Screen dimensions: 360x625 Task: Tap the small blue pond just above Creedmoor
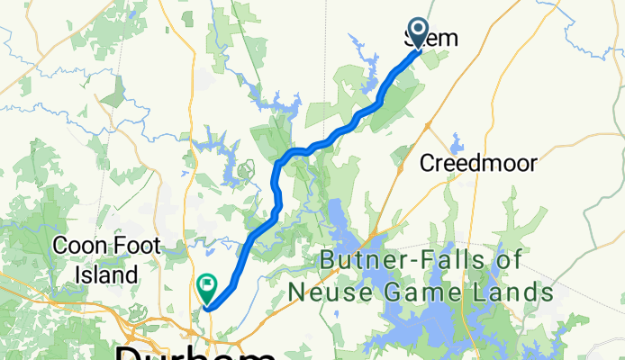(456, 143)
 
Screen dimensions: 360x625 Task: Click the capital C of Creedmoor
(430, 164)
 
